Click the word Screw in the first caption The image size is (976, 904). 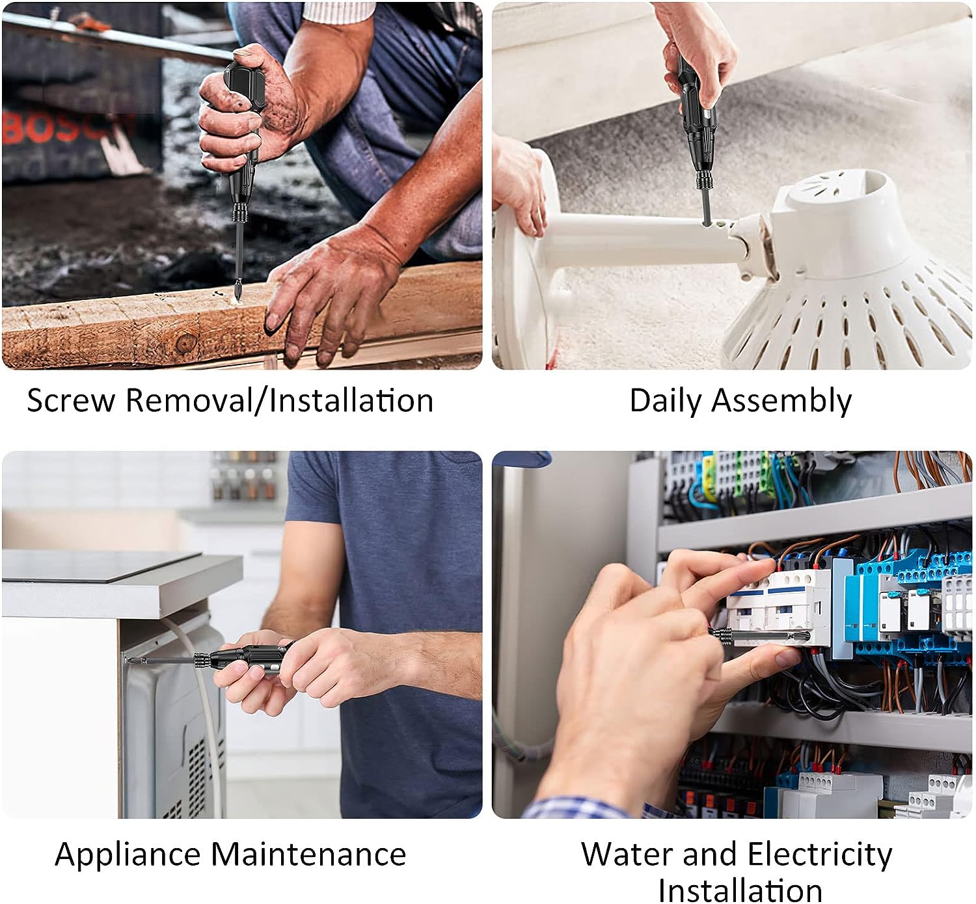click(x=71, y=400)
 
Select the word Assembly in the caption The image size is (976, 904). click(x=782, y=402)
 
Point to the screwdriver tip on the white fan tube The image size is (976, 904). click(x=706, y=223)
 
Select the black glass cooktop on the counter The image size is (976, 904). click(x=101, y=566)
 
